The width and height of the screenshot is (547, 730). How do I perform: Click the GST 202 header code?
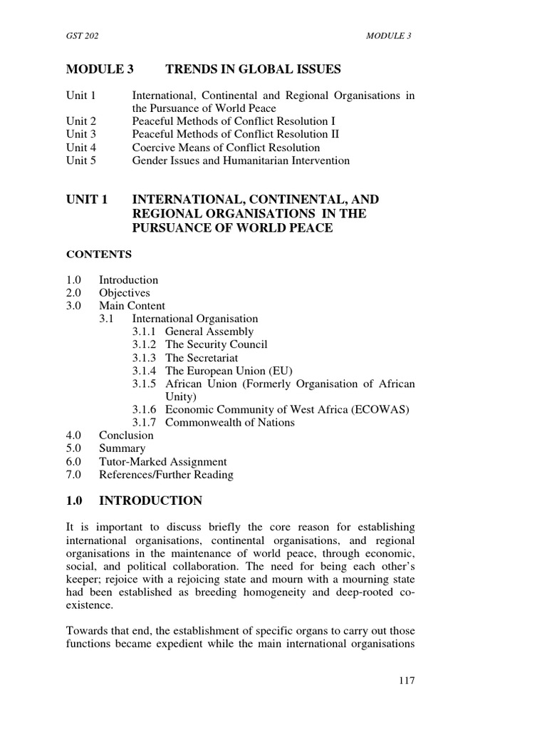tap(80, 36)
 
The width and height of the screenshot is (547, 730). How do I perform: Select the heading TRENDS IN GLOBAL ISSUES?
tap(253, 69)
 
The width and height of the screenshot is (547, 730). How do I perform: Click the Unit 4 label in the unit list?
tap(81, 148)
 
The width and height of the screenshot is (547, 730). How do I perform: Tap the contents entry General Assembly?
tap(209, 331)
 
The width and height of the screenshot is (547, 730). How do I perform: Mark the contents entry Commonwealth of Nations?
tap(229, 422)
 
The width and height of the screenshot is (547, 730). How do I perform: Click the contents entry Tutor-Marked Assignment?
tap(162, 461)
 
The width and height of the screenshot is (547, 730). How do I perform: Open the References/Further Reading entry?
tap(165, 474)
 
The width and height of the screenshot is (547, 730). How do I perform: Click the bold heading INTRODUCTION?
tap(150, 501)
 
